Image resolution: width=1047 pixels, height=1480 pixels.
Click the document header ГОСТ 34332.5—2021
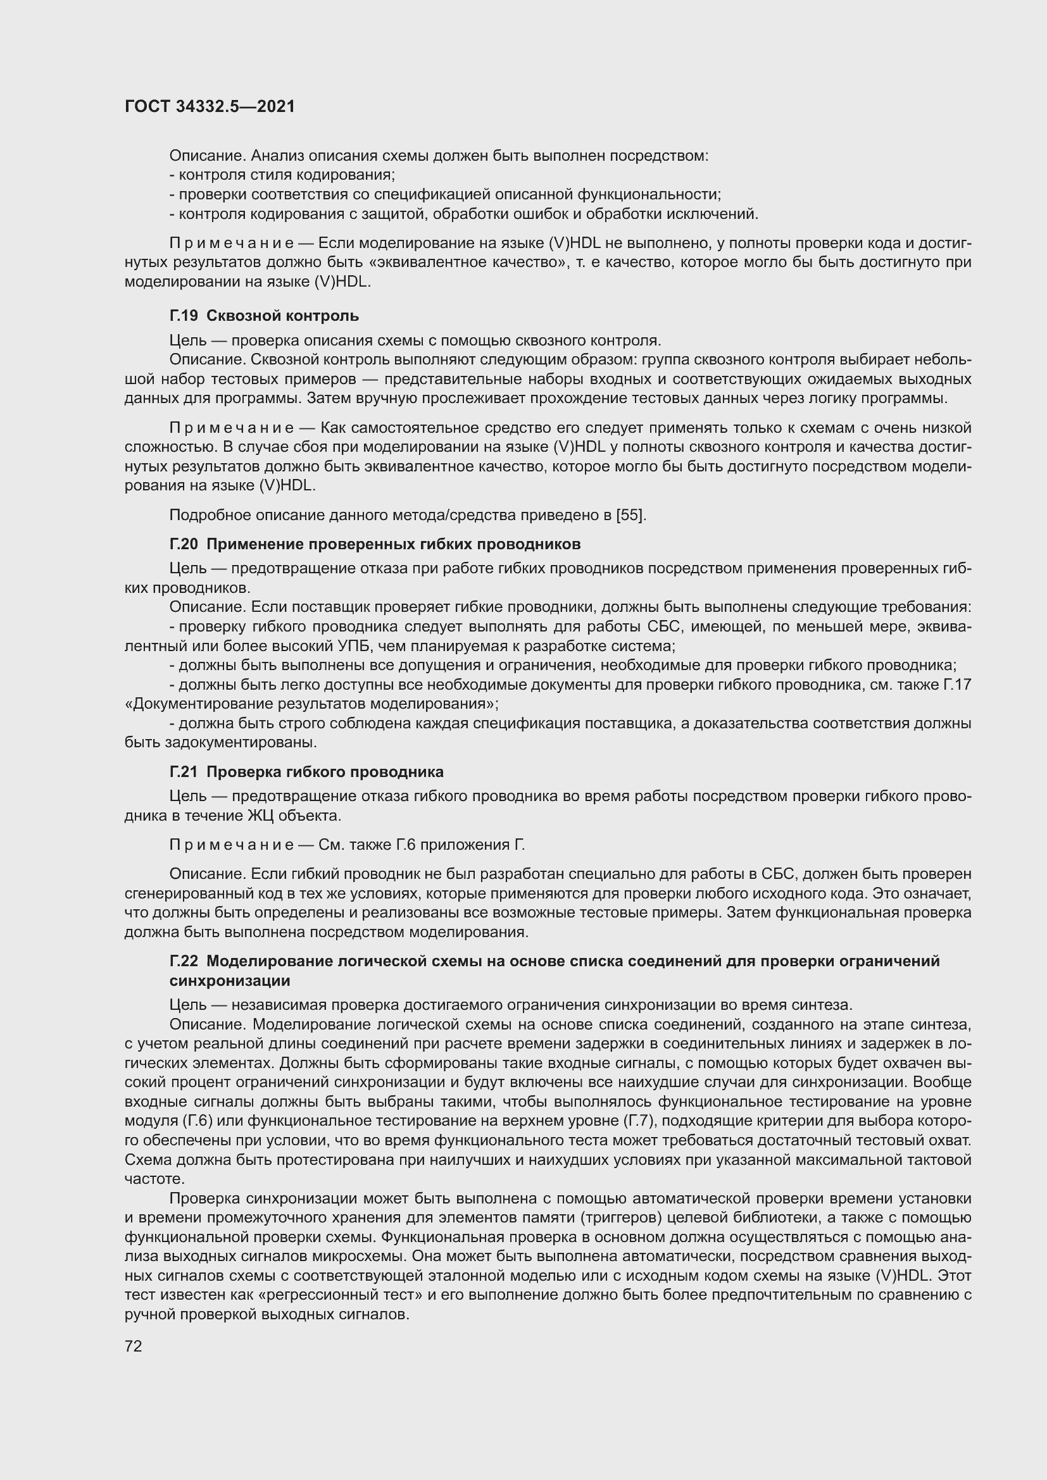pos(210,106)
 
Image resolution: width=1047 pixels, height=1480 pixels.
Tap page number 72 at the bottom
pos(134,1346)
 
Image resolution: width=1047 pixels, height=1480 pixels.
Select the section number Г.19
pos(184,316)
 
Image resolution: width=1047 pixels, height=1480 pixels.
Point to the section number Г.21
pos(184,771)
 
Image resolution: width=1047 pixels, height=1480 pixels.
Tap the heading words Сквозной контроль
pos(282,316)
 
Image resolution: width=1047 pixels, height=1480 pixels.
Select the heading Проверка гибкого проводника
pos(325,771)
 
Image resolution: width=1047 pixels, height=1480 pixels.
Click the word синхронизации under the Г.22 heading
pos(230,980)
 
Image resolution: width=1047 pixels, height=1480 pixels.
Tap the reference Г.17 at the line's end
pos(956,685)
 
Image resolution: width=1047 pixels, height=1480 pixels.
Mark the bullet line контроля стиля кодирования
pos(287,175)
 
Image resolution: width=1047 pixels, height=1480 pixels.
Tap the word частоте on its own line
pos(154,1179)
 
